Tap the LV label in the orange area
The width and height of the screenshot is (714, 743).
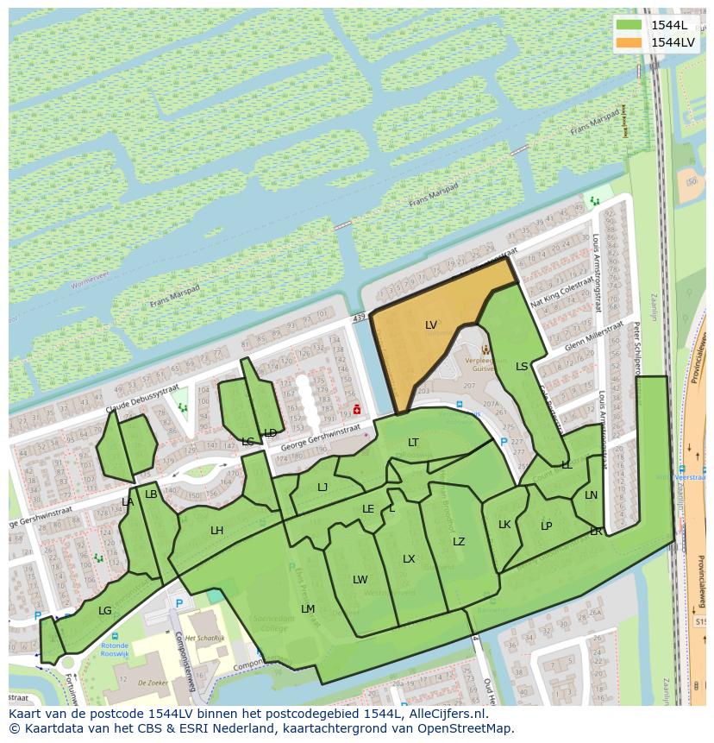(x=431, y=325)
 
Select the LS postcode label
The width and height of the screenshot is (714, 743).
(x=522, y=367)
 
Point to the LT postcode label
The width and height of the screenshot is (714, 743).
(x=414, y=443)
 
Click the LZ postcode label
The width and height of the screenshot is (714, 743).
(x=459, y=542)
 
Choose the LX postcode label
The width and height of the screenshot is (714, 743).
(x=409, y=559)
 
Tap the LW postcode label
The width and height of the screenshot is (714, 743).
(x=360, y=580)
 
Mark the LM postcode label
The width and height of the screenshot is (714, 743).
(x=308, y=609)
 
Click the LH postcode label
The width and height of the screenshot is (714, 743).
(x=217, y=531)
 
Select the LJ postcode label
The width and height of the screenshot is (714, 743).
(x=323, y=488)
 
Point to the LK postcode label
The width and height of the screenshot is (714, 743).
(x=504, y=525)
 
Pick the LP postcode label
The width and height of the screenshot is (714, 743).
(x=546, y=526)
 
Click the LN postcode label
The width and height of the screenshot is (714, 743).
(x=591, y=495)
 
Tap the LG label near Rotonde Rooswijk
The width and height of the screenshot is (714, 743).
(x=105, y=611)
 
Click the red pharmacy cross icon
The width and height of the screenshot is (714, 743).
(x=357, y=409)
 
